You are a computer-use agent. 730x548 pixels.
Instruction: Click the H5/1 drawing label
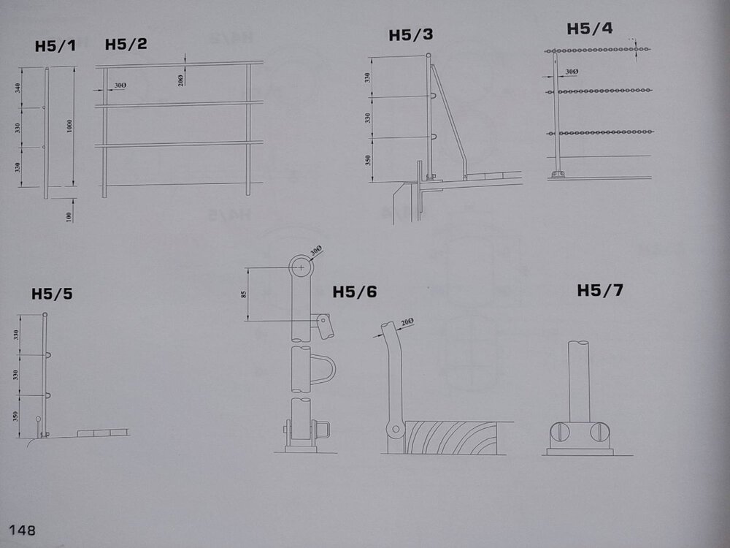click(55, 46)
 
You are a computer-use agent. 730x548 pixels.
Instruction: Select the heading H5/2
click(126, 45)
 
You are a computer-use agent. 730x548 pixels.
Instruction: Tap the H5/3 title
click(410, 35)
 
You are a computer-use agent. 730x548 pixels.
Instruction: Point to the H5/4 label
click(589, 29)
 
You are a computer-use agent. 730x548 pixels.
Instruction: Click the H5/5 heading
click(52, 294)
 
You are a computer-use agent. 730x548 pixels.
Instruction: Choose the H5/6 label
click(354, 292)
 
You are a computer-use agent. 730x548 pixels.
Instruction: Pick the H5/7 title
click(599, 290)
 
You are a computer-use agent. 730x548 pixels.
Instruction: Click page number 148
click(23, 530)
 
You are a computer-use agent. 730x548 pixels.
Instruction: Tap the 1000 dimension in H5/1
click(69, 126)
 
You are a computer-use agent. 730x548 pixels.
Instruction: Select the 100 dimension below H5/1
click(69, 217)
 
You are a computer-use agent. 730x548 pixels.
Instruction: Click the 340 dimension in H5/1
click(18, 88)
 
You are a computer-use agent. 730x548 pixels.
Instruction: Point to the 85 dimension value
click(243, 294)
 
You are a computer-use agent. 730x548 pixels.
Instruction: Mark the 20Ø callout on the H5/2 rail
click(180, 80)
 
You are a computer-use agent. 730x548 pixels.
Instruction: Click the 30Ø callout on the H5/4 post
click(572, 72)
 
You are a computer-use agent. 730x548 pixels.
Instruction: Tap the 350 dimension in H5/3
click(368, 160)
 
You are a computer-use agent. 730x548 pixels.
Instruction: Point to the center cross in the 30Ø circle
click(301, 267)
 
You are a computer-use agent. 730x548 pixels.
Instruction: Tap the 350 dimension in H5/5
click(16, 416)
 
